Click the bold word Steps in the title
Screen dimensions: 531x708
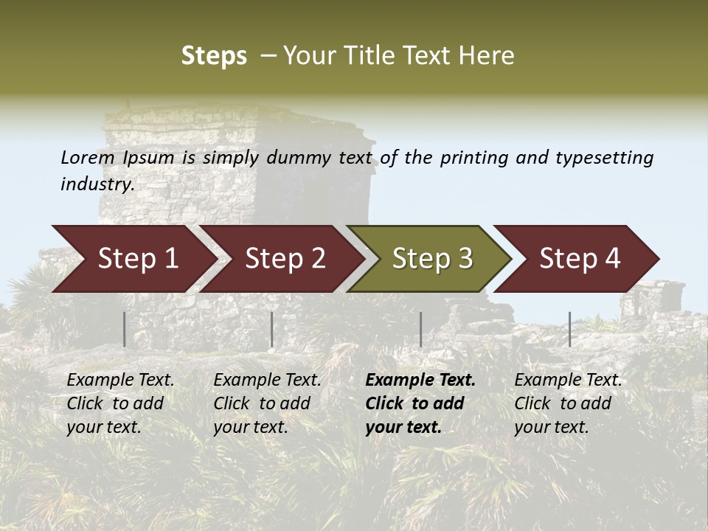pyautogui.click(x=214, y=56)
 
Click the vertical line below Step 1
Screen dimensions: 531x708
pyautogui.click(x=124, y=329)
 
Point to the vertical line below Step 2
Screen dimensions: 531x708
pyautogui.click(x=272, y=329)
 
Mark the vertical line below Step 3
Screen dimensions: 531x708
pyautogui.click(x=420, y=329)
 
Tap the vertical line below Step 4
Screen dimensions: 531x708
pyautogui.click(x=569, y=329)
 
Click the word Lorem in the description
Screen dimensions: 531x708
pyautogui.click(x=88, y=157)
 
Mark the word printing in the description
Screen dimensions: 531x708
pyautogui.click(x=473, y=158)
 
